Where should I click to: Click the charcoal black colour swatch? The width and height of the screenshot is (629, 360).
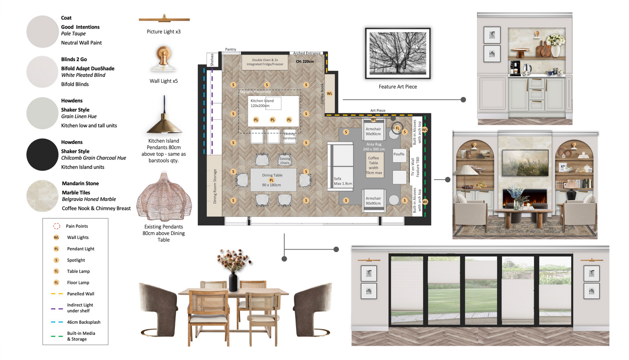(42, 155)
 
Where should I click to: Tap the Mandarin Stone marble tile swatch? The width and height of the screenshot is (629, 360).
(42, 196)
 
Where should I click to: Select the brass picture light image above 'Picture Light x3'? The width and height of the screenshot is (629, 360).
(164, 19)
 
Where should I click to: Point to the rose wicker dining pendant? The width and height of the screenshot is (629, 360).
(164, 197)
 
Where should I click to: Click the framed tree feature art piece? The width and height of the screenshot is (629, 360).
(398, 53)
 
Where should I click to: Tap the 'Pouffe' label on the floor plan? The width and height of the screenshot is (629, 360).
(399, 154)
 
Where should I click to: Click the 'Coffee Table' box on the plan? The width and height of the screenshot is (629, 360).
(374, 165)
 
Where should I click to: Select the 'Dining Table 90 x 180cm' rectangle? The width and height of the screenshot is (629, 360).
(272, 180)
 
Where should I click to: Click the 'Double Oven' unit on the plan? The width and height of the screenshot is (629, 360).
(265, 62)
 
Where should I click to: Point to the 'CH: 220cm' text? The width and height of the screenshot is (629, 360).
(305, 61)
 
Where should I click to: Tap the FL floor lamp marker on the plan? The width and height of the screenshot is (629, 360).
(397, 128)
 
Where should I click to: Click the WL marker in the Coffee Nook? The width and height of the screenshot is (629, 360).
(329, 93)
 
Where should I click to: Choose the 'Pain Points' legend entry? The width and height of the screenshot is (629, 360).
(76, 226)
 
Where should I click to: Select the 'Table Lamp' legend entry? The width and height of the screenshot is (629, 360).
(78, 271)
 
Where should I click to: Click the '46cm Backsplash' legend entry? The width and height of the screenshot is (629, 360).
(83, 322)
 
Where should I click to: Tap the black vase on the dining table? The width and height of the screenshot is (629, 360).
(233, 282)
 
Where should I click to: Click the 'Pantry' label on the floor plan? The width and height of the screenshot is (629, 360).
(230, 49)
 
